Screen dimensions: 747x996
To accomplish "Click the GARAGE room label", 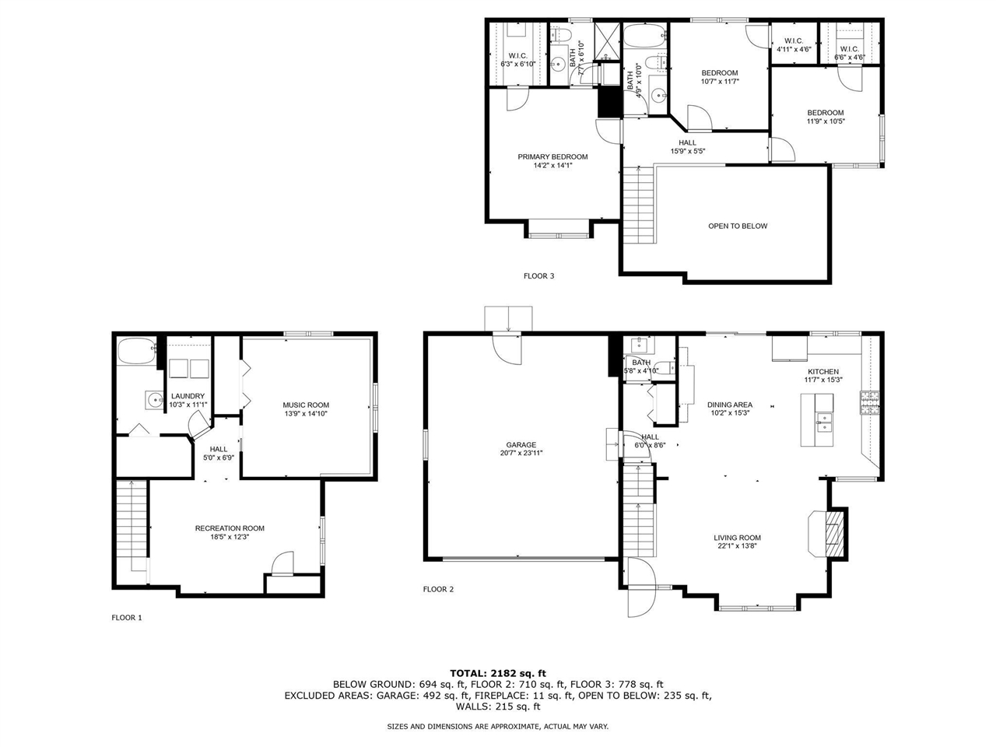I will click(x=521, y=445).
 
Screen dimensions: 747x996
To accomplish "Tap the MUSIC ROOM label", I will click(x=305, y=405).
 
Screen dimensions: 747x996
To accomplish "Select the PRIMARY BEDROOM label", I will click(x=552, y=156).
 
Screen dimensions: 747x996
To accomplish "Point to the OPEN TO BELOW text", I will click(x=737, y=226).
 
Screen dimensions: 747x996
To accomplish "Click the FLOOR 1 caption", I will click(x=127, y=618).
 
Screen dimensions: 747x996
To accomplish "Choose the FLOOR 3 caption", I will click(x=538, y=275).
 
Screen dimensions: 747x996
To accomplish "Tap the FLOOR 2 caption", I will click(x=438, y=589).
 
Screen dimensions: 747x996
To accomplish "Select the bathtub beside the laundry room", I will click(x=136, y=351).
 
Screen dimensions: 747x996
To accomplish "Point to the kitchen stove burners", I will click(x=868, y=402).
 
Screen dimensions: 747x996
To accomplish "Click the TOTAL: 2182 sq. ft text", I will click(x=498, y=673).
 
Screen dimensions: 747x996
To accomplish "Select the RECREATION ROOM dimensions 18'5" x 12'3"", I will click(x=230, y=537).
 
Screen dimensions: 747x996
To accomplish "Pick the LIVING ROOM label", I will click(x=737, y=538).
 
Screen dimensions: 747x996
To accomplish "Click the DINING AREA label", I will click(x=729, y=405).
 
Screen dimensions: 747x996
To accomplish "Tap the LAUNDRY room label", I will click(x=188, y=396).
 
